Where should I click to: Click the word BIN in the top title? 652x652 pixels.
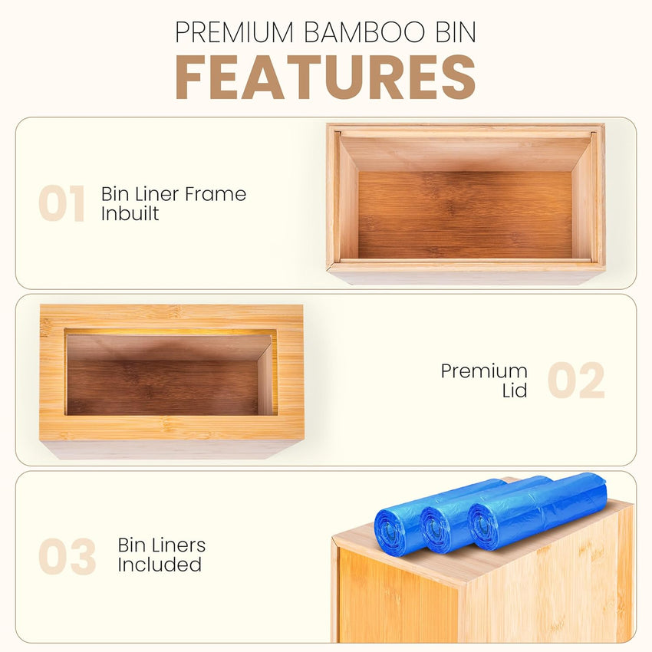(453, 32)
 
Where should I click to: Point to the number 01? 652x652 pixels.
(61, 204)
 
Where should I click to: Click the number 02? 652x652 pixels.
(576, 381)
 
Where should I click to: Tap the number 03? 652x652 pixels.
(68, 557)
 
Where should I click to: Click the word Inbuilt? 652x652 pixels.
(130, 213)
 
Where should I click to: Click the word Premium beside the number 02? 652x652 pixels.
(484, 371)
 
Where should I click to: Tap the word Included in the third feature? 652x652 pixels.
(160, 565)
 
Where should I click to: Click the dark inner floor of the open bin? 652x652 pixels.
(465, 215)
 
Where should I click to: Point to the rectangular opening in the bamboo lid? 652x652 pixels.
(170, 373)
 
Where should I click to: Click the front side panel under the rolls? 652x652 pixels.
(399, 598)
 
